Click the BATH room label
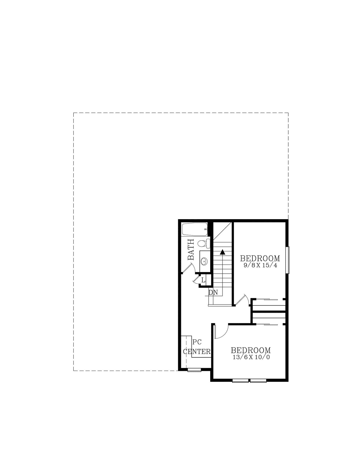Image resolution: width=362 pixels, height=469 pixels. tap(191, 249)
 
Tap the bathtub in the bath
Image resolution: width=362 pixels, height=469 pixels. tap(195, 229)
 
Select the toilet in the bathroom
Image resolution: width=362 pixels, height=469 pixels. tap(204, 244)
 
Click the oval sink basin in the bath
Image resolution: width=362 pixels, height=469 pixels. tap(204, 261)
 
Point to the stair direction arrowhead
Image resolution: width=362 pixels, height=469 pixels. tap(222, 252)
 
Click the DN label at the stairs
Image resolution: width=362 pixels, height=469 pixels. tap(213, 292)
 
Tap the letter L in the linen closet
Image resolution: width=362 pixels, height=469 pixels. tap(203, 280)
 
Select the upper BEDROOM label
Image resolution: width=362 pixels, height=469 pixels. tap(260, 258)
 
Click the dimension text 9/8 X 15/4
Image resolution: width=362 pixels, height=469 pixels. tap(261, 265)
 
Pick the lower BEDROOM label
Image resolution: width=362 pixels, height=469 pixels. tap(251, 350)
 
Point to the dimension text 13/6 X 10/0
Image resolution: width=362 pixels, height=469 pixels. tap(251, 357)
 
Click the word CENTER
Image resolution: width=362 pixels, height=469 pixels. tap(197, 352)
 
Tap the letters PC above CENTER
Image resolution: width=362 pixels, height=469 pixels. tap(197, 342)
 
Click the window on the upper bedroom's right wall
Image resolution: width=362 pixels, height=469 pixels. tap(288, 260)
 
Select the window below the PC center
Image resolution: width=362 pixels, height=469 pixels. tap(194, 370)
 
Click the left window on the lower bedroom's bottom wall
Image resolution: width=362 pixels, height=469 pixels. tap(240, 381)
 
